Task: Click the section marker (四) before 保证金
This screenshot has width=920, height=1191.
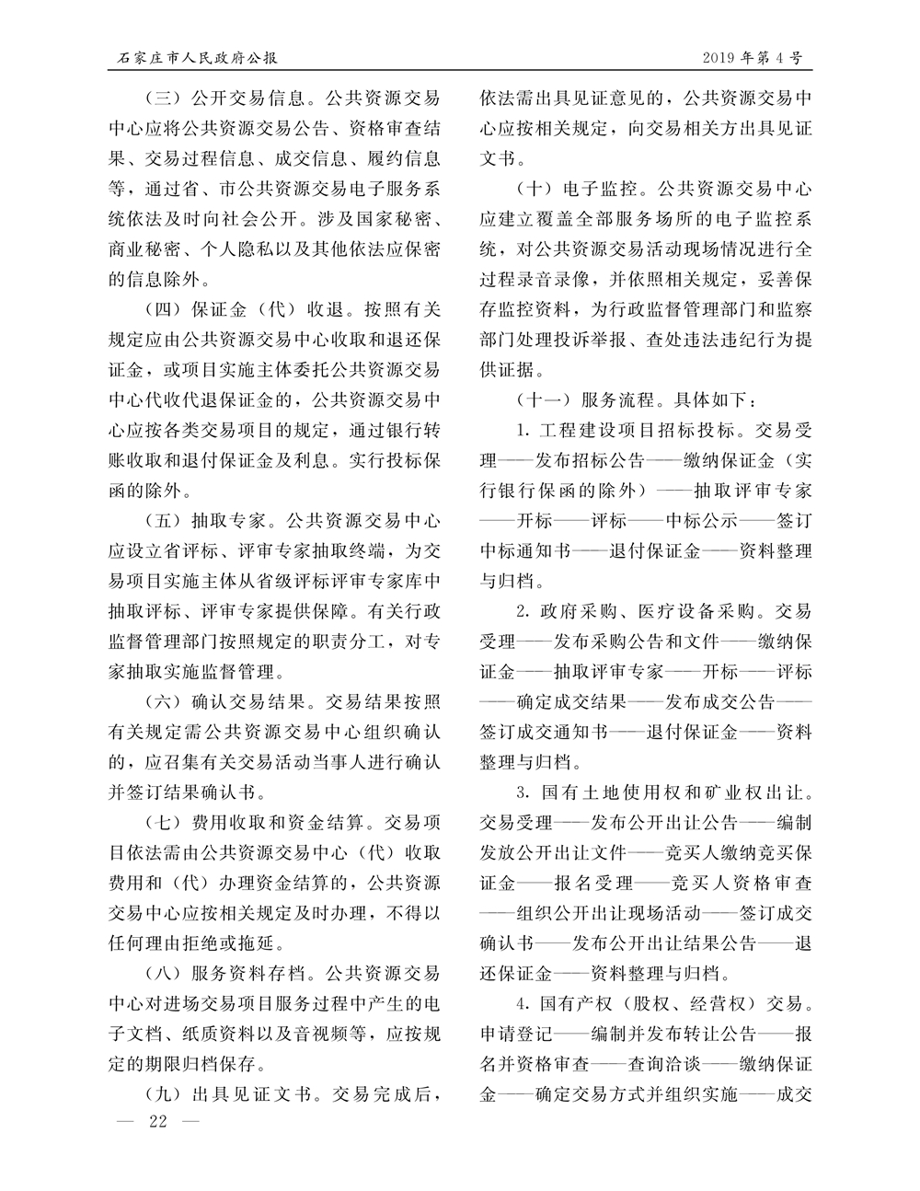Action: (164, 307)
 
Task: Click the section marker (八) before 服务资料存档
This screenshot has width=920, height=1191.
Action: (164, 976)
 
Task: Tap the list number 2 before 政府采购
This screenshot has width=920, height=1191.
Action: (521, 612)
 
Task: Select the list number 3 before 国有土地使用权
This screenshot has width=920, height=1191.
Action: (521, 793)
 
